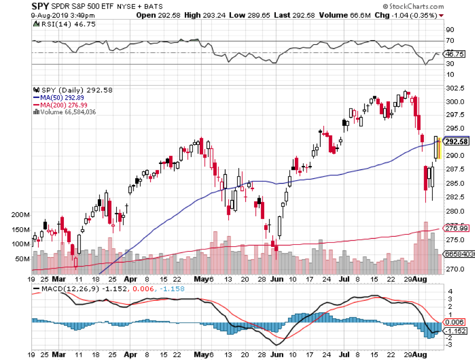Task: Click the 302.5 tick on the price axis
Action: click(x=455, y=88)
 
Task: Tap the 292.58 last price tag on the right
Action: click(x=456, y=141)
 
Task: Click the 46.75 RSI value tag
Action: click(x=455, y=54)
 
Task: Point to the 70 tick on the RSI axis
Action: click(x=450, y=41)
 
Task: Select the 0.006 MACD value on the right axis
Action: click(x=454, y=321)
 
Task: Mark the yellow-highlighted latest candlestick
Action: click(x=437, y=148)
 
